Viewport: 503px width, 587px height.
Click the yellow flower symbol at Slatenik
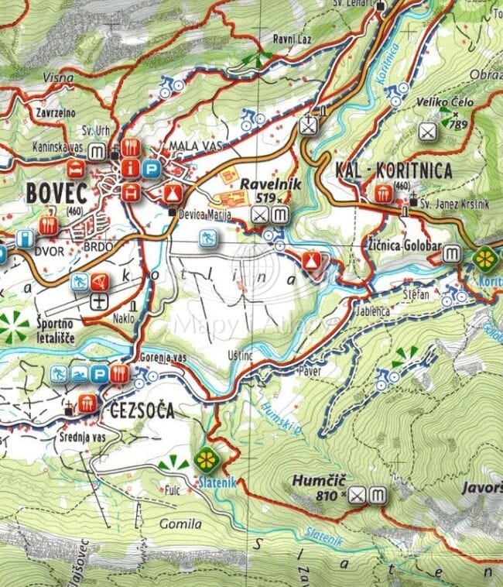click(x=206, y=459)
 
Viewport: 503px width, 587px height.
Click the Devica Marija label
click(x=205, y=214)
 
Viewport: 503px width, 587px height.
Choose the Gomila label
click(x=180, y=524)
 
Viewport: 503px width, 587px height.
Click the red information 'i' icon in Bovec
click(x=134, y=166)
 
